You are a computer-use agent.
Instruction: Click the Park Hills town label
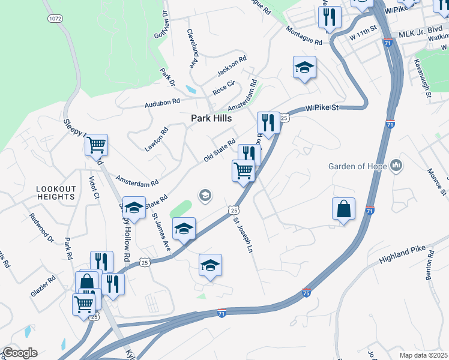[x=211, y=119]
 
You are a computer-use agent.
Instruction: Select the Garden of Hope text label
[x=358, y=166]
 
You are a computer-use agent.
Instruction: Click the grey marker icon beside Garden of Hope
[x=396, y=165]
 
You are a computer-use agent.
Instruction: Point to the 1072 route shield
[x=55, y=19]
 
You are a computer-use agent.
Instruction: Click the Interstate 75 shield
[x=306, y=293]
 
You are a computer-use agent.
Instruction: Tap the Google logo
[x=19, y=353]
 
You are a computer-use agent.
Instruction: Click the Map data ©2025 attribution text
[x=424, y=355]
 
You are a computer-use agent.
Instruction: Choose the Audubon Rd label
[x=162, y=104]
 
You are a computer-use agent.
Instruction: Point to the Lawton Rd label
[x=165, y=140]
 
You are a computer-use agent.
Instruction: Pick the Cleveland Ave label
[x=192, y=48]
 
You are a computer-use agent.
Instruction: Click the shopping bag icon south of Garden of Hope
[x=343, y=209]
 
